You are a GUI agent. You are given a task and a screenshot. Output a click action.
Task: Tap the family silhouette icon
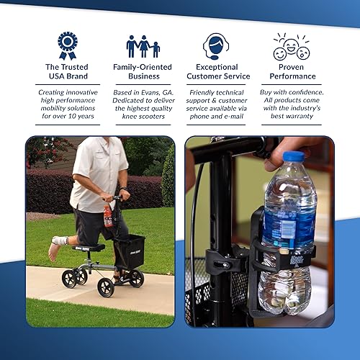click(143, 46)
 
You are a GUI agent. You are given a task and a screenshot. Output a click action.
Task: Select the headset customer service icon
click(216, 45)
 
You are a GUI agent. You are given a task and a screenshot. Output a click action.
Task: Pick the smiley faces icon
click(291, 47)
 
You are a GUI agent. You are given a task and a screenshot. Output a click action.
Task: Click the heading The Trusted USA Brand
click(67, 71)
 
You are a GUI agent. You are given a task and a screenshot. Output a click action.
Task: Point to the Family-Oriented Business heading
click(142, 71)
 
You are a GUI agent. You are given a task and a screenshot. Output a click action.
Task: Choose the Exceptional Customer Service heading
click(217, 71)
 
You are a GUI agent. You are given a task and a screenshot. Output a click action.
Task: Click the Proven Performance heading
click(291, 71)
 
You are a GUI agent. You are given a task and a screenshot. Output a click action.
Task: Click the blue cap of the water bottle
click(294, 156)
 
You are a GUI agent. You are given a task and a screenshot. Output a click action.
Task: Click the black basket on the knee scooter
click(130, 251)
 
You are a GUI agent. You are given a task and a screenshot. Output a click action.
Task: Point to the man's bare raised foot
click(54, 251)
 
